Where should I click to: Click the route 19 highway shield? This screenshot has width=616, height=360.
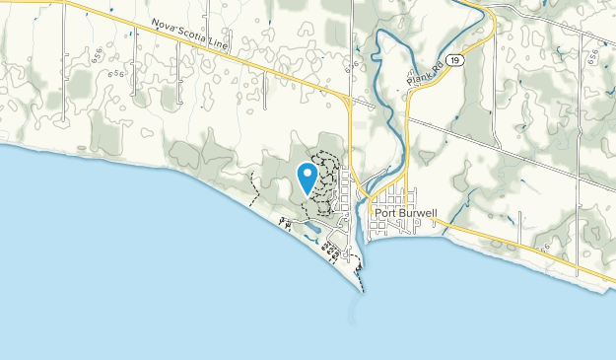[x=452, y=61]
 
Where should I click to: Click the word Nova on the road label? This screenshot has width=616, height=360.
[x=165, y=27]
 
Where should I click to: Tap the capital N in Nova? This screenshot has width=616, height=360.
[x=156, y=24]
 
